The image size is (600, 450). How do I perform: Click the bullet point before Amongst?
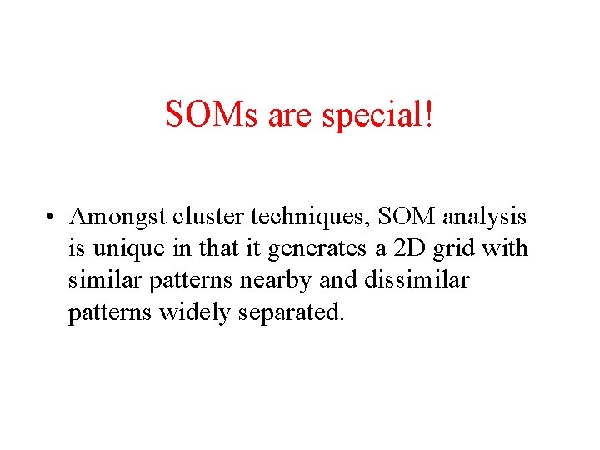[52, 218]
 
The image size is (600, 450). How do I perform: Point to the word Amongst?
[118, 217]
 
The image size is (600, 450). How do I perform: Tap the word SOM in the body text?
[407, 217]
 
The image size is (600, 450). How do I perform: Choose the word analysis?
[485, 217]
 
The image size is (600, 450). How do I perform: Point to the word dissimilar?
[416, 280]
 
